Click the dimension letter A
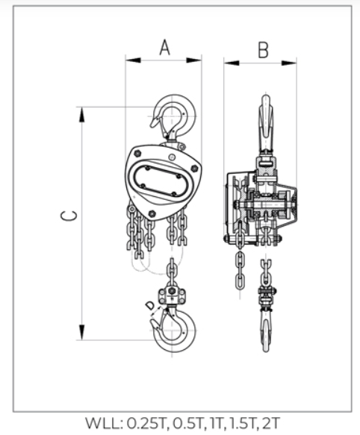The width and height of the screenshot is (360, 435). pos(165,48)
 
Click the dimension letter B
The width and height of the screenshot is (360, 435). pos(264,50)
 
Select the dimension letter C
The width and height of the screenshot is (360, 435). pos(69,216)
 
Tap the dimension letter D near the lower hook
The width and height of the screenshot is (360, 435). pos(150,306)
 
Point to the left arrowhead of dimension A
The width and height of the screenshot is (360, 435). pos(133,60)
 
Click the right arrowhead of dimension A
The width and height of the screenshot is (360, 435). pos(193,60)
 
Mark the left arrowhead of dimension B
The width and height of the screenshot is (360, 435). pos(232,63)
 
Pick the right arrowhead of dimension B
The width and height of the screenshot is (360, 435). pos(289,63)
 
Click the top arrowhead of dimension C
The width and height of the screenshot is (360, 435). pos(81,115)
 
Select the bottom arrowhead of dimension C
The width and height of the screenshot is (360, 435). pos(81,332)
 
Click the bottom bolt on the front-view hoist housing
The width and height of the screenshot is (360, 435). pos(152,213)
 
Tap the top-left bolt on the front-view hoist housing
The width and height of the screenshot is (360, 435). pos(137,153)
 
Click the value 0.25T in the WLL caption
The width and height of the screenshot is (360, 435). pos(146,423)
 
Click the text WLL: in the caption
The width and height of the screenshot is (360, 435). pos(104,423)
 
